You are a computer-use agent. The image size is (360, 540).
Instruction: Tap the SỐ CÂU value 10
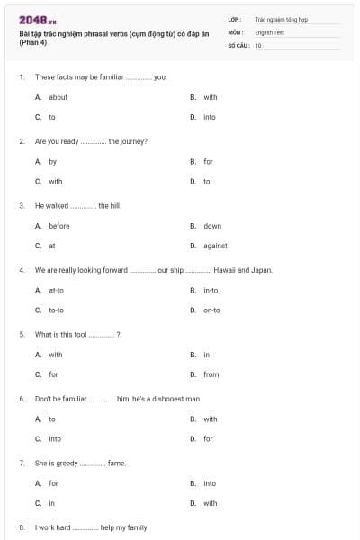258,44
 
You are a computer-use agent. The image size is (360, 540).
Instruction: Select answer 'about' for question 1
58,97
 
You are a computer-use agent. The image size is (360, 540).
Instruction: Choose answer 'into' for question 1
210,117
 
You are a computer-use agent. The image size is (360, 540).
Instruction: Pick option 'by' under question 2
53,162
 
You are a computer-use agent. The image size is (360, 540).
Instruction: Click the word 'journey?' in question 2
134,142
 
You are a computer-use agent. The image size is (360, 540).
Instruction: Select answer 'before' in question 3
59,226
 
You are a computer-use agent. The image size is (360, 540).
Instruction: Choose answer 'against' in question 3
215,246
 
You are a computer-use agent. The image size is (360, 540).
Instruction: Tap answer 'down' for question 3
212,226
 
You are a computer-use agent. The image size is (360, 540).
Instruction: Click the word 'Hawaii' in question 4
223,270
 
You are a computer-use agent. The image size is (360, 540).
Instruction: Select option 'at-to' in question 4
57,291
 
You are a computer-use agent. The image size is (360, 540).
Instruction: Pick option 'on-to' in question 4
211,310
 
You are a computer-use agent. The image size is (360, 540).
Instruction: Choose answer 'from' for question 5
211,374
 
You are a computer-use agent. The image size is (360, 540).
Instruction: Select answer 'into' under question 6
55,439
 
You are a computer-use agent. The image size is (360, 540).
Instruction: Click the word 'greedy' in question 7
65,463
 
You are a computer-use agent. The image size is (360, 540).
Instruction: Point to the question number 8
22,527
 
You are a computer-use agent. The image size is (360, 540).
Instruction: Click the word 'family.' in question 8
136,527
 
